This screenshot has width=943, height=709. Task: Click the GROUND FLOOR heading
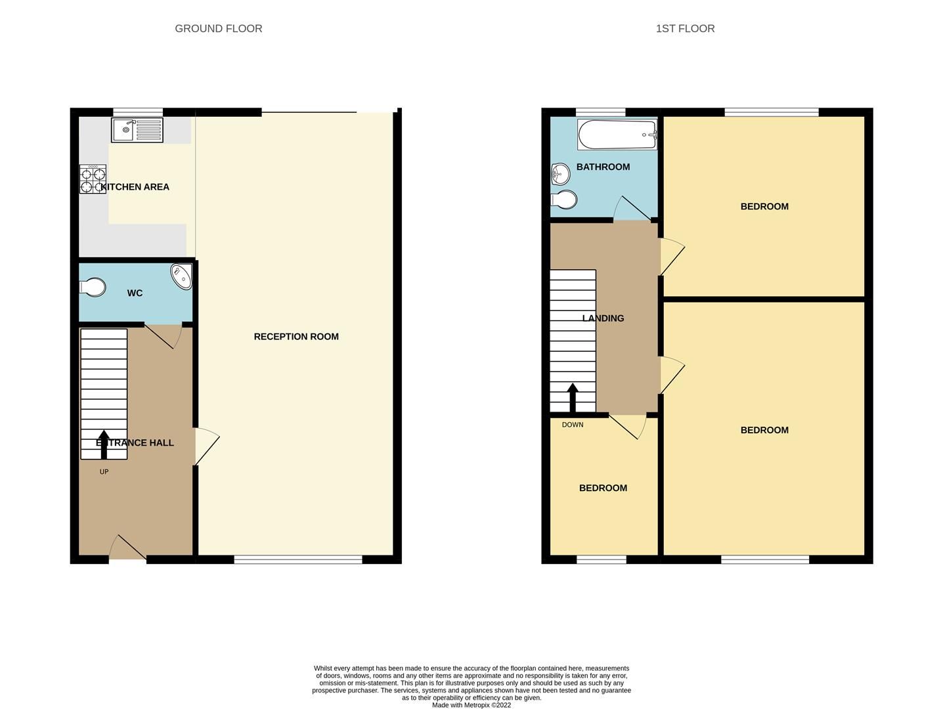[x=218, y=28]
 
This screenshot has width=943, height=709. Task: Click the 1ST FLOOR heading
[x=685, y=28]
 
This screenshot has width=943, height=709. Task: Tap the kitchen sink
[x=137, y=130]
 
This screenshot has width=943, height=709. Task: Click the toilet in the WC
[x=93, y=288]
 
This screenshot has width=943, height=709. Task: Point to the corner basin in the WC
[x=182, y=276]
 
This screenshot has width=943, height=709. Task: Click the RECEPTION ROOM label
[x=296, y=337]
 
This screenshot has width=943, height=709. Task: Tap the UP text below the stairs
[x=104, y=471]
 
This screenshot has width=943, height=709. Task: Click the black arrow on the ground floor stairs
[x=104, y=444]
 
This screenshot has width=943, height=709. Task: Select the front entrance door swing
[x=127, y=548]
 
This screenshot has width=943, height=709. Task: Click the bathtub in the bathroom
[x=617, y=135]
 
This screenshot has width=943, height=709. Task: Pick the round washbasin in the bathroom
[x=559, y=174]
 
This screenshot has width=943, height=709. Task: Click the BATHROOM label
[x=603, y=167]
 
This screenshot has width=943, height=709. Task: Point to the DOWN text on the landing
[x=573, y=425]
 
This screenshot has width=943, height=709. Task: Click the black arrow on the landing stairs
[x=573, y=396]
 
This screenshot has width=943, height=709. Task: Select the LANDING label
[x=603, y=318]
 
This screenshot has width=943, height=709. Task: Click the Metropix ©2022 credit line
[x=471, y=705]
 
